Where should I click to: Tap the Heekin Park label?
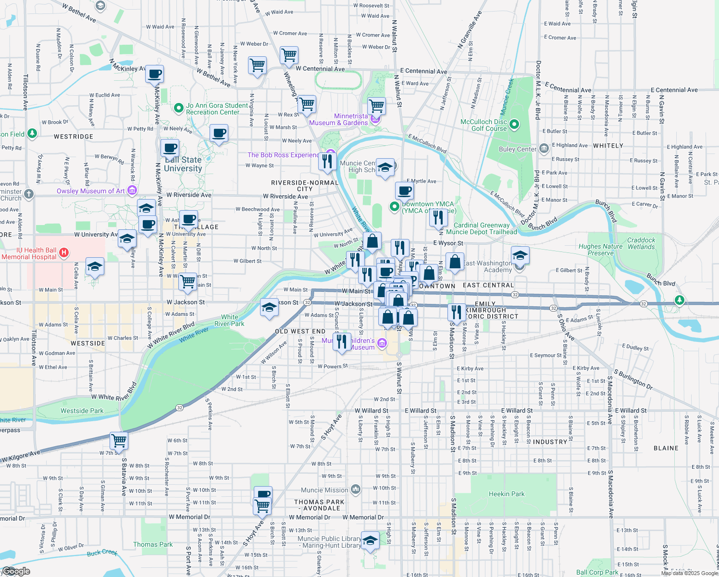(x=507, y=494)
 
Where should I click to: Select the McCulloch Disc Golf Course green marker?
(x=514, y=125)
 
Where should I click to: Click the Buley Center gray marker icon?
(x=544, y=149)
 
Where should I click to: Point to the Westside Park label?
(x=82, y=411)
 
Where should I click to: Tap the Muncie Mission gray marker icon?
(x=355, y=489)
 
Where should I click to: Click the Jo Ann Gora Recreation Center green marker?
(x=179, y=109)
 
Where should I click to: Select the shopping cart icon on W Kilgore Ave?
(x=119, y=440)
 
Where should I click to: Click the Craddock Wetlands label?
(x=641, y=243)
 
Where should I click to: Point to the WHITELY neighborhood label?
(x=608, y=146)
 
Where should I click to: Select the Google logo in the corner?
(x=16, y=571)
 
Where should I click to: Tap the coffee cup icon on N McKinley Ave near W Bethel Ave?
(x=155, y=75)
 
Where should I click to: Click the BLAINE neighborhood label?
(x=666, y=448)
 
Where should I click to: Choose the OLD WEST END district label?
(x=300, y=331)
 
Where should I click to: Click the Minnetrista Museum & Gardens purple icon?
(x=375, y=119)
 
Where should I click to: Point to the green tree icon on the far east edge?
(x=679, y=301)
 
